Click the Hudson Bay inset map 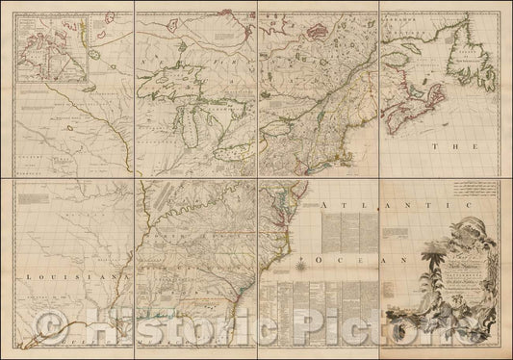[x=53, y=48]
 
